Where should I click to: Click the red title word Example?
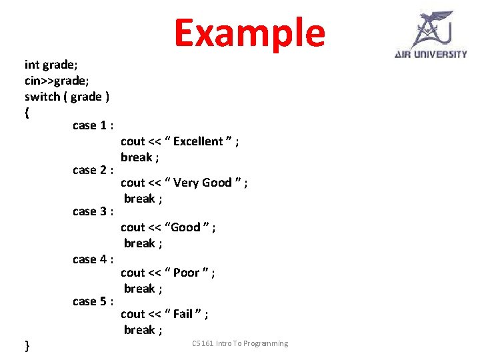(x=249, y=33)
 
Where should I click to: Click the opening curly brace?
(x=27, y=113)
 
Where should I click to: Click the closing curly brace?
(x=27, y=345)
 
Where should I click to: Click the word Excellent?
(x=198, y=141)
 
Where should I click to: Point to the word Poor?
(x=187, y=273)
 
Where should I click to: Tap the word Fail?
(x=183, y=314)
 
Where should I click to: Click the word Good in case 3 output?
(x=185, y=227)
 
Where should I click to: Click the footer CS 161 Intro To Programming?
(x=240, y=343)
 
